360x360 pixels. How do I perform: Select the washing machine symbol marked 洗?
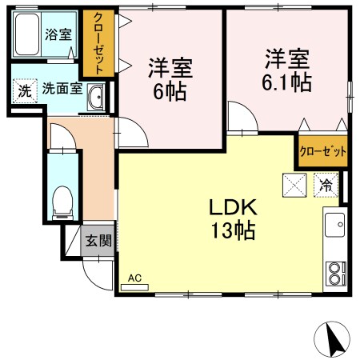(x=25, y=90)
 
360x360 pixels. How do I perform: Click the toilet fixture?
(x=61, y=202)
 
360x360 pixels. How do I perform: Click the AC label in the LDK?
(x=134, y=278)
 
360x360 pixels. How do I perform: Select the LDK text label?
(x=232, y=207)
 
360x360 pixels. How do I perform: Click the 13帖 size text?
(x=232, y=231)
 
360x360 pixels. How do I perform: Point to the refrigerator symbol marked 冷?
(x=326, y=183)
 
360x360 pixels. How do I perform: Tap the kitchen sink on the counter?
(x=334, y=225)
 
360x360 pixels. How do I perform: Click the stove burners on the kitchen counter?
(x=334, y=274)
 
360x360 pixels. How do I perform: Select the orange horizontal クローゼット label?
(x=323, y=150)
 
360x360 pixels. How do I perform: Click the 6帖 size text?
(x=170, y=90)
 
